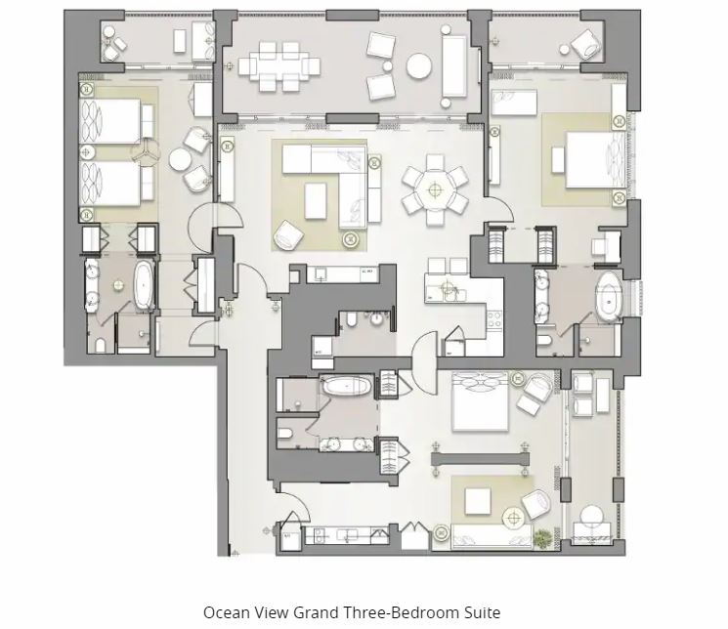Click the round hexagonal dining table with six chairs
435,189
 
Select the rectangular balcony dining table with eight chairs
279,65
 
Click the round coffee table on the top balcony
419,65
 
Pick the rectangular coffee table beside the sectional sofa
316,200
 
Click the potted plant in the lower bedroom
541,538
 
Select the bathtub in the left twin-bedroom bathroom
144,284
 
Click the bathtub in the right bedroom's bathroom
609,297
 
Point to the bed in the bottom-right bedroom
481,401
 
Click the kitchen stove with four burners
494,319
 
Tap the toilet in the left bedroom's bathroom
100,345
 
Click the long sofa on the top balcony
454,65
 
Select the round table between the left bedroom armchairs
180,159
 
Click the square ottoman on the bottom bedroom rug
478,501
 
